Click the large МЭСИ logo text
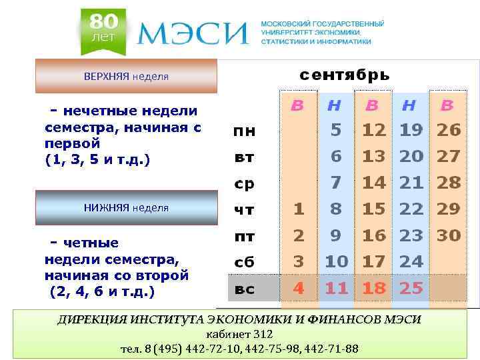point(193,33)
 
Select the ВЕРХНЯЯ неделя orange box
point(126,76)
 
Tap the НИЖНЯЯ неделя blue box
point(126,207)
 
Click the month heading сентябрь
point(344,75)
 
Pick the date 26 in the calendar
point(449,130)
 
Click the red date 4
point(299,289)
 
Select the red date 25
point(411,289)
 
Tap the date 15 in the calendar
point(374,209)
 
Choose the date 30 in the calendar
point(449,235)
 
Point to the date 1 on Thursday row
point(299,209)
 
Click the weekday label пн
point(244,131)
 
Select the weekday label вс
point(244,289)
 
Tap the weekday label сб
point(244,262)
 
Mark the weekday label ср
point(244,183)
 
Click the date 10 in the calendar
point(336,261)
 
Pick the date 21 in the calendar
point(411,183)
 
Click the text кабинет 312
point(239,334)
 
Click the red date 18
point(374,289)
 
